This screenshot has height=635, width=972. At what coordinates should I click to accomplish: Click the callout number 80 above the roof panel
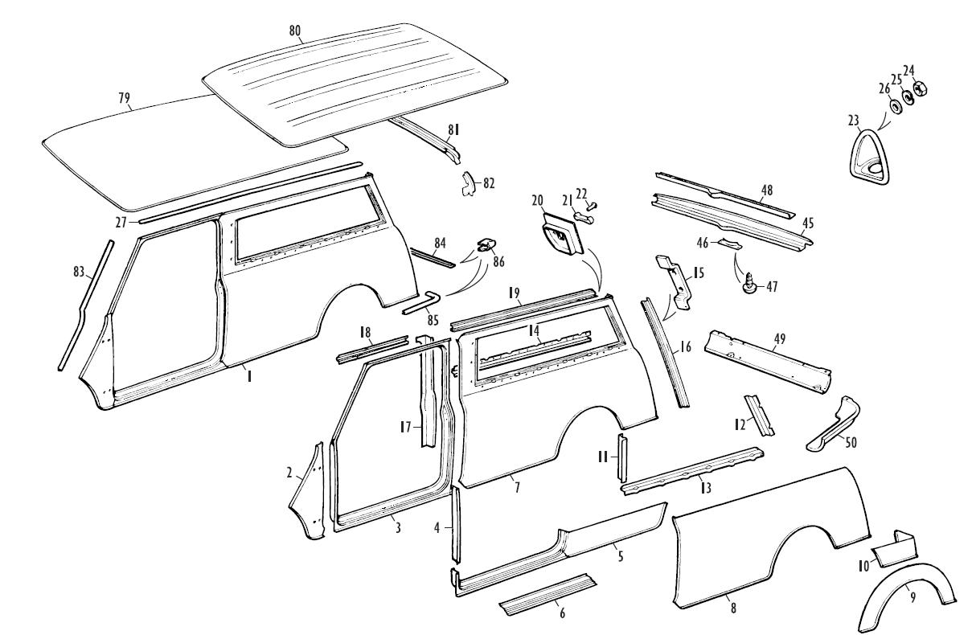click(x=294, y=31)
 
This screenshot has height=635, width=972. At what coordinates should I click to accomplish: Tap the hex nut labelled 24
click(x=919, y=89)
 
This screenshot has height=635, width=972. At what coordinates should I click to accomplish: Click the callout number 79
click(x=124, y=98)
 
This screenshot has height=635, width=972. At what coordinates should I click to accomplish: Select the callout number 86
click(x=498, y=262)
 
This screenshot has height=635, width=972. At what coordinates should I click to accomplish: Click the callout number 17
click(x=405, y=428)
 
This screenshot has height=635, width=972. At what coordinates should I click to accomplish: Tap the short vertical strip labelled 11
click(x=623, y=457)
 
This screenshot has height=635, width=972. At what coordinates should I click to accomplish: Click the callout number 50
click(x=851, y=442)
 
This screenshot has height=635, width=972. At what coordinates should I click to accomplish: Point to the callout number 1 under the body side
click(x=249, y=375)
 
